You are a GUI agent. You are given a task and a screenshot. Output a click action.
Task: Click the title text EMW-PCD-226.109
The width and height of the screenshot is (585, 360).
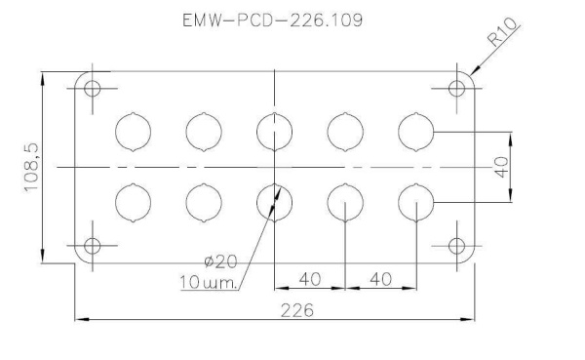(x=272, y=20)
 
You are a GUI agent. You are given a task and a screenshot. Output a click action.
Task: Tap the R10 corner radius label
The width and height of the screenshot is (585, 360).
(x=504, y=36)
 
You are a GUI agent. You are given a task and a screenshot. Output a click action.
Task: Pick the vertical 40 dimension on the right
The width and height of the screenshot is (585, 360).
(x=502, y=167)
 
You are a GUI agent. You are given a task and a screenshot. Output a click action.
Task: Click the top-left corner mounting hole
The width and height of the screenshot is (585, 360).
(x=93, y=88)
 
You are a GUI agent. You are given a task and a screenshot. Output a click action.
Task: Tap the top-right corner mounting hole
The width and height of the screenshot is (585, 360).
(x=457, y=88)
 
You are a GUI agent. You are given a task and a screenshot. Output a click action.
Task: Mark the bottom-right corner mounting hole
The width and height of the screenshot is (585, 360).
(x=457, y=245)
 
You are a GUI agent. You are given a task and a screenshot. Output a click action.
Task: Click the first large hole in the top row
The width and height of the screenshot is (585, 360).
(x=134, y=131)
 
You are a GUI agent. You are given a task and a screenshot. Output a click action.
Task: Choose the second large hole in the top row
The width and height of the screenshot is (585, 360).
(x=204, y=131)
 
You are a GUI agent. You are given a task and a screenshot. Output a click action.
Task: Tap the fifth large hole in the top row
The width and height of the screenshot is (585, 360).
(x=416, y=131)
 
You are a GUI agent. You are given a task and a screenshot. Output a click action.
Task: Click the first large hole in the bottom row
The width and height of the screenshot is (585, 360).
(x=134, y=202)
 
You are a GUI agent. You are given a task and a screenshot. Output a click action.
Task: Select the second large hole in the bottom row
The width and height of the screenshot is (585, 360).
(x=204, y=202)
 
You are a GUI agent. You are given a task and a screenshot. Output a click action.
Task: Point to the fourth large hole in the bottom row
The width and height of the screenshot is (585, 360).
(x=345, y=202)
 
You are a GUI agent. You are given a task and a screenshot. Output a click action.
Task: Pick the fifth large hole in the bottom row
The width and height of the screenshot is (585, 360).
(x=416, y=202)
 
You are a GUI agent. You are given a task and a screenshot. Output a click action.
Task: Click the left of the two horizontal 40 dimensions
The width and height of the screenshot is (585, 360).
(x=311, y=279)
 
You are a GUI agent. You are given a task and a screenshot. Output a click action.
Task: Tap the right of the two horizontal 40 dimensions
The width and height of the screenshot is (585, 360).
(x=380, y=279)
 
